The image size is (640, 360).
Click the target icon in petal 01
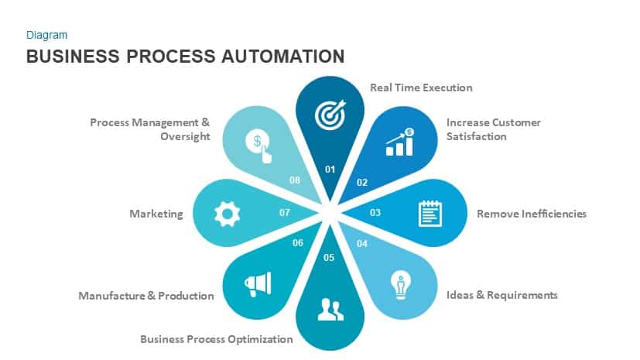coord(329,115)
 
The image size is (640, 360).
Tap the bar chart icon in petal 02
coord(400,142)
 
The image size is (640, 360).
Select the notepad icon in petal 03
coord(430,213)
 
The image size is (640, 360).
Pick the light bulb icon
coord(400,284)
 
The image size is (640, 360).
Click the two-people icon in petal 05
coord(330,310)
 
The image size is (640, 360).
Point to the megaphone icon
coord(258,284)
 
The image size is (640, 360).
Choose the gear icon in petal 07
coord(227,213)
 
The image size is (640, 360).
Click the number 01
coord(330,169)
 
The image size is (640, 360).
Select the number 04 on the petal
coord(361,244)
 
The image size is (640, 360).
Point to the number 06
coord(298,243)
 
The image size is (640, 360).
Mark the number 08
coord(295,180)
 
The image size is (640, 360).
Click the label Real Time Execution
coord(421,87)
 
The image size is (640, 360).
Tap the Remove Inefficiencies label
coord(531,213)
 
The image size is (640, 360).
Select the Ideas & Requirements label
coord(502,295)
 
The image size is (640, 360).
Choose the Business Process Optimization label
coord(217,339)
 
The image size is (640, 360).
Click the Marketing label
coord(156,214)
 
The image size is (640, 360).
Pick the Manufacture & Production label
coord(146,296)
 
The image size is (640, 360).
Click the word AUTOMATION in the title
coord(274,57)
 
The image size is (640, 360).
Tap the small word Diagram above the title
coord(46,35)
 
